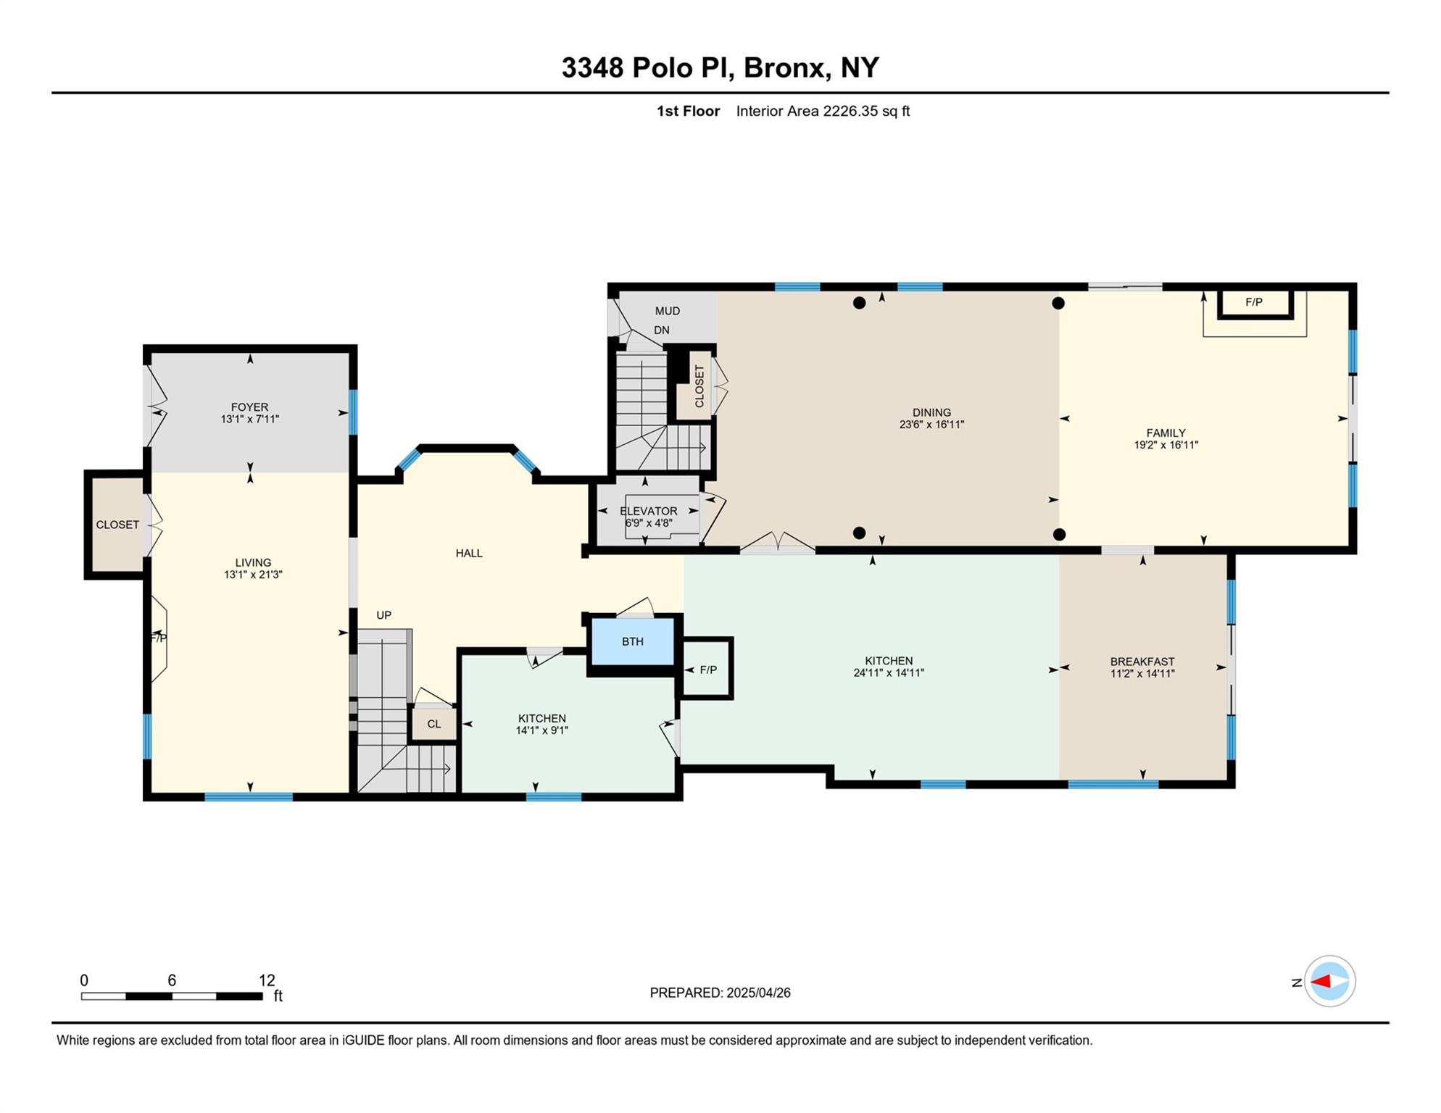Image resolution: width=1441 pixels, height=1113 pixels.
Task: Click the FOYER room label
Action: (x=249, y=407)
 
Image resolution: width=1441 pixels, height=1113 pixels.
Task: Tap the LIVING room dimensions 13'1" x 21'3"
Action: (x=253, y=575)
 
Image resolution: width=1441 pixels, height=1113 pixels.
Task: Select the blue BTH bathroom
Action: (x=632, y=641)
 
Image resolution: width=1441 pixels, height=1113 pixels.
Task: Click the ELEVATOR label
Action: (x=648, y=511)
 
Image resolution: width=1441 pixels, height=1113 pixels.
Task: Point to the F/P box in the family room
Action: (x=1254, y=303)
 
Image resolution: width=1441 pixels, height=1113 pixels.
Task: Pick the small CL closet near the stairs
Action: (x=433, y=724)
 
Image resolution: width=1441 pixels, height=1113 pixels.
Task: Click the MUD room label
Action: (x=667, y=311)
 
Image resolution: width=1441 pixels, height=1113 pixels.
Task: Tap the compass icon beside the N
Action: (x=1329, y=982)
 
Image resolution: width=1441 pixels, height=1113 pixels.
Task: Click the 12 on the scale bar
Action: (x=267, y=980)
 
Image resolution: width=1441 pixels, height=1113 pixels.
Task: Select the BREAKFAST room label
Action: (x=1142, y=662)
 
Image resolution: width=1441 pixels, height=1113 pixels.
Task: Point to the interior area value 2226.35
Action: (x=850, y=111)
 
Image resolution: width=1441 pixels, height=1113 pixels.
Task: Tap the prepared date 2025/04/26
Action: (x=758, y=993)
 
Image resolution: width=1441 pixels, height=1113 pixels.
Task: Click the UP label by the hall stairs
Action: (x=383, y=615)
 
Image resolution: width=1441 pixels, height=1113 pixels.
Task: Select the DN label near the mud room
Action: (x=661, y=330)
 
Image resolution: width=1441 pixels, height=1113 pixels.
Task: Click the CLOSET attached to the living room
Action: (x=117, y=525)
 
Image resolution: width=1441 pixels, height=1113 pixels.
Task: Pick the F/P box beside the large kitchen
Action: (x=708, y=670)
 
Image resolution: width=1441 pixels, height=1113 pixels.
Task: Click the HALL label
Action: (x=469, y=554)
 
